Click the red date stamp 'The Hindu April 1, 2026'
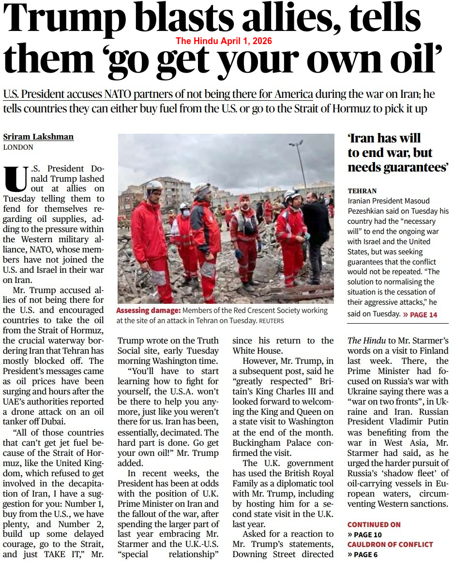pyautogui.click(x=224, y=41)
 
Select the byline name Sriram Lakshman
pyautogui.click(x=38, y=137)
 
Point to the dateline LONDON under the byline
pyautogui.click(x=18, y=147)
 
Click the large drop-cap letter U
pyautogui.click(x=15, y=179)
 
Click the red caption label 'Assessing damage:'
pyautogui.click(x=148, y=311)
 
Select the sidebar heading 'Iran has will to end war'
pyautogui.click(x=397, y=153)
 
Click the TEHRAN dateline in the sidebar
pyautogui.click(x=362, y=191)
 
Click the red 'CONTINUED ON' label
pyautogui.click(x=374, y=524)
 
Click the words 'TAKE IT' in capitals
pyautogui.click(x=68, y=554)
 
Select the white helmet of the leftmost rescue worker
pyautogui.click(x=154, y=186)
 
